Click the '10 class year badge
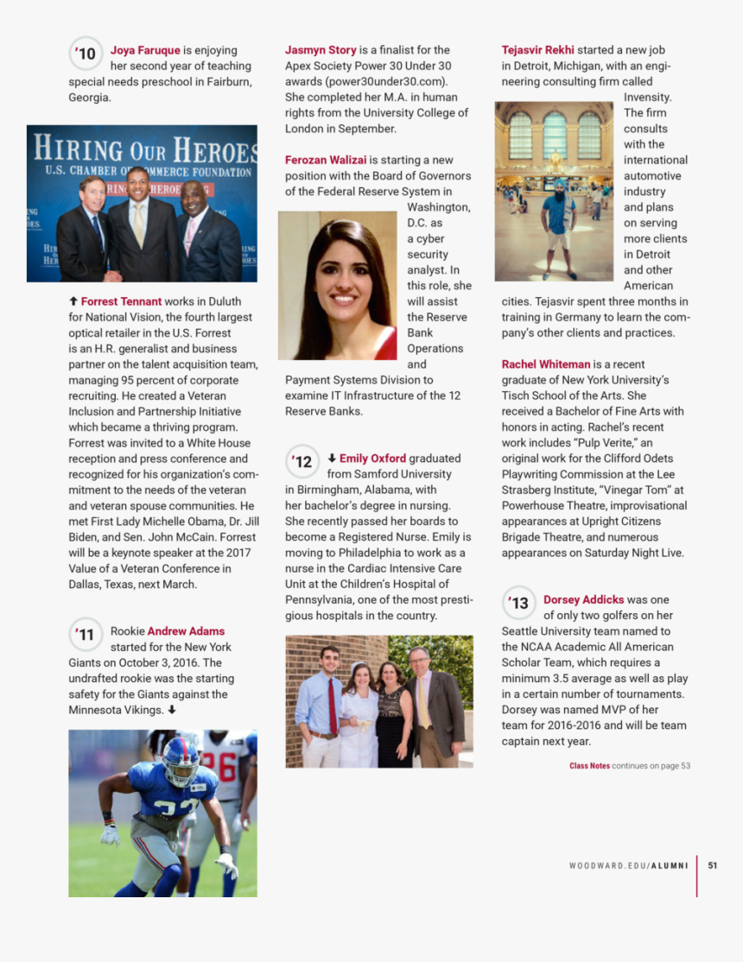85,54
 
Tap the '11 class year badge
85,635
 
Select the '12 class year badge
302,462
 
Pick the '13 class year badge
518,603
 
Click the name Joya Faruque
145,50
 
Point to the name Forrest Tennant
121,301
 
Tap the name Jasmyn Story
321,50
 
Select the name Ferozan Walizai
326,160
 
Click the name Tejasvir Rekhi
537,50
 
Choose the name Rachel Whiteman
546,364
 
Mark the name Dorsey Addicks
583,599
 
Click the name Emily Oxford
372,459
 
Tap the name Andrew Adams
186,631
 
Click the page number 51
712,865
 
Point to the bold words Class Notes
589,765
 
